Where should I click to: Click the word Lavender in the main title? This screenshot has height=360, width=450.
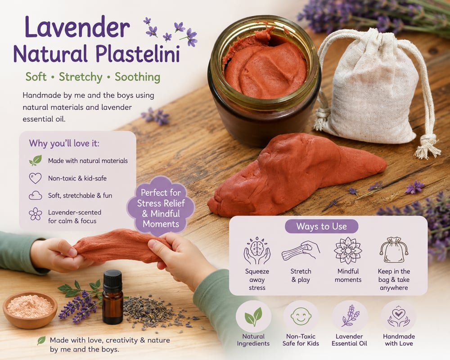(x=77, y=27)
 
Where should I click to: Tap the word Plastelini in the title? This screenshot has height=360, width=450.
(x=137, y=54)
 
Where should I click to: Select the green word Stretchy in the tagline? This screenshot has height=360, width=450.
(x=81, y=77)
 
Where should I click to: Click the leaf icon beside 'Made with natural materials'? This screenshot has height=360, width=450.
(x=35, y=161)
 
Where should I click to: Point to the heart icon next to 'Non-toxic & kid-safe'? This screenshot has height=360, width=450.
(x=35, y=178)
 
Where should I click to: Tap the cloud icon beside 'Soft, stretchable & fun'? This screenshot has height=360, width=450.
(x=35, y=196)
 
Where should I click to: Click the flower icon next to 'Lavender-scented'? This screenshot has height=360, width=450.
(x=35, y=214)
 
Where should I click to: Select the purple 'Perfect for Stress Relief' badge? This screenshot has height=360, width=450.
(x=161, y=207)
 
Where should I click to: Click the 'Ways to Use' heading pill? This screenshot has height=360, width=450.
(x=321, y=226)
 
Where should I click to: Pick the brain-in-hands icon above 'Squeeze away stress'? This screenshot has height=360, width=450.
(x=257, y=251)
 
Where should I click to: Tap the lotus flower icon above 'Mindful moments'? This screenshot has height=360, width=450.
(x=348, y=251)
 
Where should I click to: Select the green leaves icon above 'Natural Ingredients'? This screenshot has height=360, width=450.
(x=253, y=317)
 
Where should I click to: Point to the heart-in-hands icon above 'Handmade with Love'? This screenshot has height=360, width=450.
(x=399, y=317)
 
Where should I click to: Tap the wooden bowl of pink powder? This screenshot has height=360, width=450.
(x=30, y=310)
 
